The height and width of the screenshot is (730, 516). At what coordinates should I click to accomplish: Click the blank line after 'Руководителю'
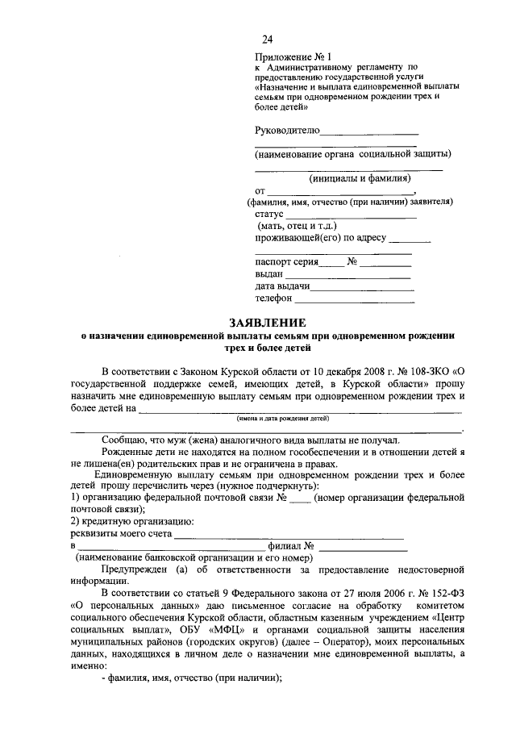[x=369, y=131]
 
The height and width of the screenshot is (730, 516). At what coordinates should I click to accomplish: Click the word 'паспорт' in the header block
[x=274, y=262]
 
